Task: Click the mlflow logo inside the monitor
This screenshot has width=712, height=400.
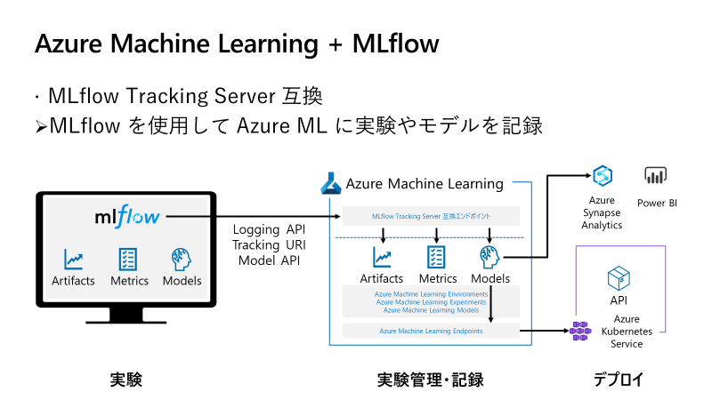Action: click(x=129, y=216)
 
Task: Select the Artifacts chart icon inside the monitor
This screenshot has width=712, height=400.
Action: click(x=73, y=259)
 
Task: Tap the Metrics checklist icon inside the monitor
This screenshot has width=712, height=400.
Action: click(x=127, y=259)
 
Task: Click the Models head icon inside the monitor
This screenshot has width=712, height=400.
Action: click(x=182, y=259)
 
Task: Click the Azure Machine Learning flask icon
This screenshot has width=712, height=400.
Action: click(x=330, y=184)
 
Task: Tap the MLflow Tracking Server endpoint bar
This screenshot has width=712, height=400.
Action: click(x=430, y=216)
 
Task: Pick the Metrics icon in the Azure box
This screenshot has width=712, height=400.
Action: click(x=437, y=258)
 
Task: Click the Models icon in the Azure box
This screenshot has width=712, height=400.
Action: click(x=490, y=257)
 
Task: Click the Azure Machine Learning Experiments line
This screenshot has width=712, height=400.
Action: click(x=431, y=302)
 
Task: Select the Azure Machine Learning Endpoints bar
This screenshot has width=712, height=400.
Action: click(x=430, y=331)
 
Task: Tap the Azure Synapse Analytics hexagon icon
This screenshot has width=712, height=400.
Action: click(x=602, y=175)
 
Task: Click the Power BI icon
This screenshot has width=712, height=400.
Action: click(x=656, y=175)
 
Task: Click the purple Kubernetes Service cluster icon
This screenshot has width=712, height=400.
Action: click(x=581, y=331)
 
